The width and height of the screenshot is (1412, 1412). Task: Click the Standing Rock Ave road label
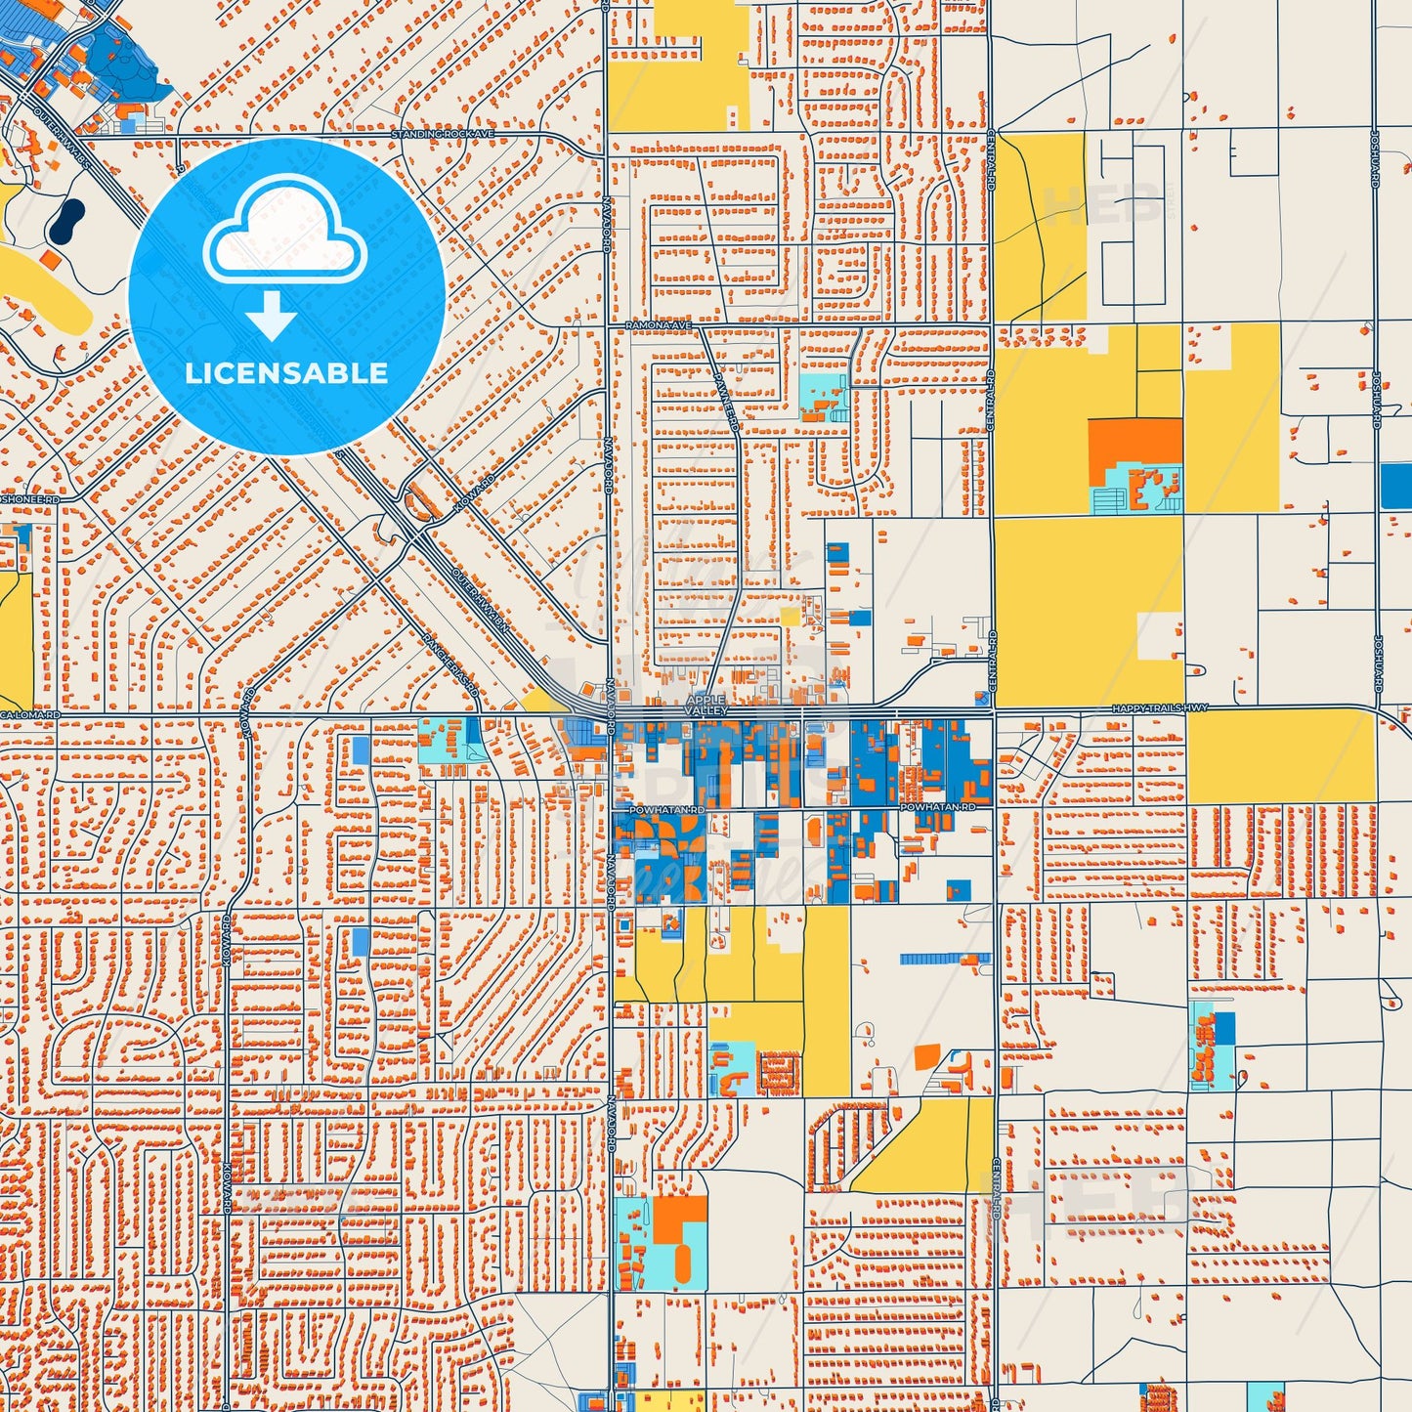click(443, 134)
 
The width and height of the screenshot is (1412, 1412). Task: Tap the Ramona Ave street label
click(659, 324)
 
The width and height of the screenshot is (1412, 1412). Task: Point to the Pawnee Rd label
click(726, 402)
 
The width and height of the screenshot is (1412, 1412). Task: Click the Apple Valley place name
click(706, 706)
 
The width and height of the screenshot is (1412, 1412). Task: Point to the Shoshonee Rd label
click(29, 499)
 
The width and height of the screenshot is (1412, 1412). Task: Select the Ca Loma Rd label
click(29, 715)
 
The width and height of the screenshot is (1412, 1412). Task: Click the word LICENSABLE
click(286, 372)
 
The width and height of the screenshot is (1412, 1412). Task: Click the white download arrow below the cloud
click(272, 315)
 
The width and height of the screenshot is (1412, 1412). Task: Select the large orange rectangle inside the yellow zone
click(1134, 442)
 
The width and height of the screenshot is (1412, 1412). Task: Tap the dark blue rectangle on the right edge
click(1396, 486)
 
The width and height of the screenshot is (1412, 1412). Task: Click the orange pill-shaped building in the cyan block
click(683, 1262)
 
